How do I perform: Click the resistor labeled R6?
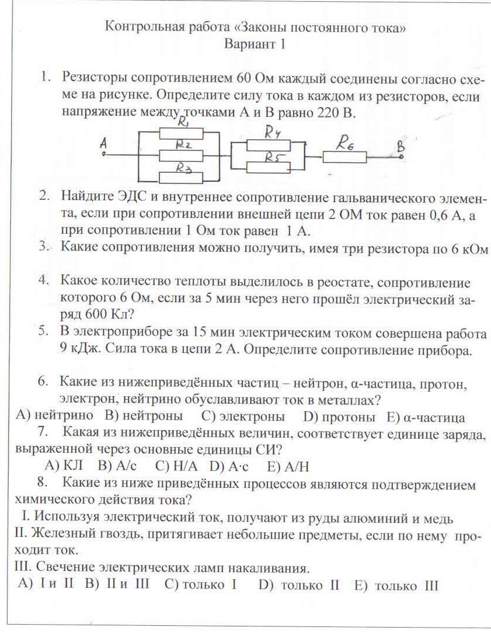(345, 157)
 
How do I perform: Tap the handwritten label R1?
(184, 124)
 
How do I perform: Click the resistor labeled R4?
(268, 145)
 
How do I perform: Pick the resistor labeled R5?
(268, 167)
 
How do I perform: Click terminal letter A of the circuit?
(103, 142)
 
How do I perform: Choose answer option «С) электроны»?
(243, 417)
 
